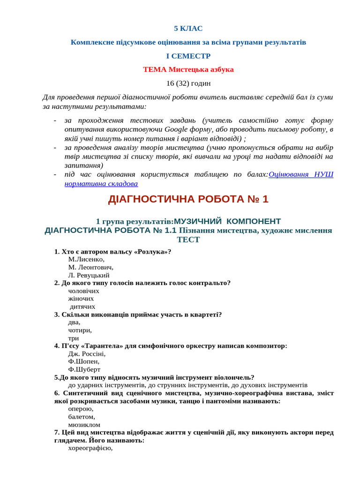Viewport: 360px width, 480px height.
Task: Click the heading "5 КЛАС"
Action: (188, 29)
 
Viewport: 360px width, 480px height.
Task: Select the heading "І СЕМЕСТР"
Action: (188, 56)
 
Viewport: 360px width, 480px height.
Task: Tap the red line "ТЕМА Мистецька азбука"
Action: (188, 69)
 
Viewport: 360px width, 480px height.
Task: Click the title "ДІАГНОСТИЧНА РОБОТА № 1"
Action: (188, 199)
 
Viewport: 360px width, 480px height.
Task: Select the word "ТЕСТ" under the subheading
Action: (188, 240)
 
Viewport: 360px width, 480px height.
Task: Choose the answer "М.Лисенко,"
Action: (86, 259)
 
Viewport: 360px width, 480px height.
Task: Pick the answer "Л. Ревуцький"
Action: (89, 275)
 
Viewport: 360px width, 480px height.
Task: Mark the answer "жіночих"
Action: (81, 299)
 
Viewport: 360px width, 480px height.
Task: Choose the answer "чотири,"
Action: (80, 330)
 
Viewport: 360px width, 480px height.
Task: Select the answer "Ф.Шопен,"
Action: (83, 361)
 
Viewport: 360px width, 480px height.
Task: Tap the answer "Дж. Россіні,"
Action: (87, 354)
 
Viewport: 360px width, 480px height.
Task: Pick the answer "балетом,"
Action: (82, 417)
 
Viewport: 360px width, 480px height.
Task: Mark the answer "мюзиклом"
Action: (84, 425)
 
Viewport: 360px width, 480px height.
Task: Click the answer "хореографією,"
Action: (90, 448)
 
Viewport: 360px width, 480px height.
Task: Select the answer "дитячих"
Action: (82, 307)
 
